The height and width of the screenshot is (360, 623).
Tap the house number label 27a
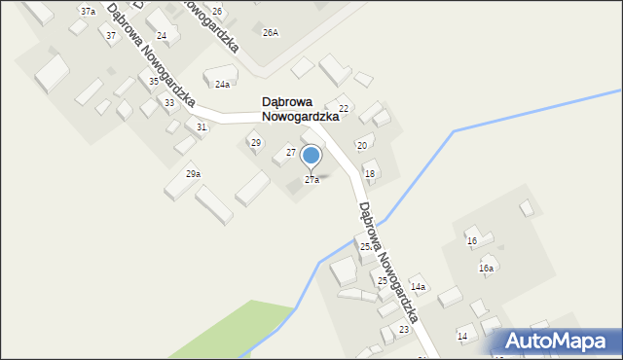pyautogui.click(x=311, y=180)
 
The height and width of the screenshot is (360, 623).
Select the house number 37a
pyautogui.click(x=88, y=11)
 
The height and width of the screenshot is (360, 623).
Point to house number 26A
pyautogui.click(x=271, y=32)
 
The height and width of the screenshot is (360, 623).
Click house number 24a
pyautogui.click(x=223, y=85)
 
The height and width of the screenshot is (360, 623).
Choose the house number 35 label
pyautogui.click(x=154, y=82)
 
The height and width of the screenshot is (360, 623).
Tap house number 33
pyautogui.click(x=169, y=102)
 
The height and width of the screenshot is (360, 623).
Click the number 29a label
pyautogui.click(x=194, y=174)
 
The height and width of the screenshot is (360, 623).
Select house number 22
pyautogui.click(x=344, y=107)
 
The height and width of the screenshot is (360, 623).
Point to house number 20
pyautogui.click(x=361, y=145)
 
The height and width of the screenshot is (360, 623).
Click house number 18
pyautogui.click(x=369, y=173)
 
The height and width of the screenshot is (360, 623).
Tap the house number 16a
pyautogui.click(x=486, y=268)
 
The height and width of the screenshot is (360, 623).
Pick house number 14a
pyautogui.click(x=419, y=287)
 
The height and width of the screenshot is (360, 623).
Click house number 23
pyautogui.click(x=404, y=331)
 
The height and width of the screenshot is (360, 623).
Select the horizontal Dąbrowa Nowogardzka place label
pyautogui.click(x=300, y=108)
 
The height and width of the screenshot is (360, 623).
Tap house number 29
pyautogui.click(x=256, y=143)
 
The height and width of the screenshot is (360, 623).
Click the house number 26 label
pyautogui.click(x=217, y=11)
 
